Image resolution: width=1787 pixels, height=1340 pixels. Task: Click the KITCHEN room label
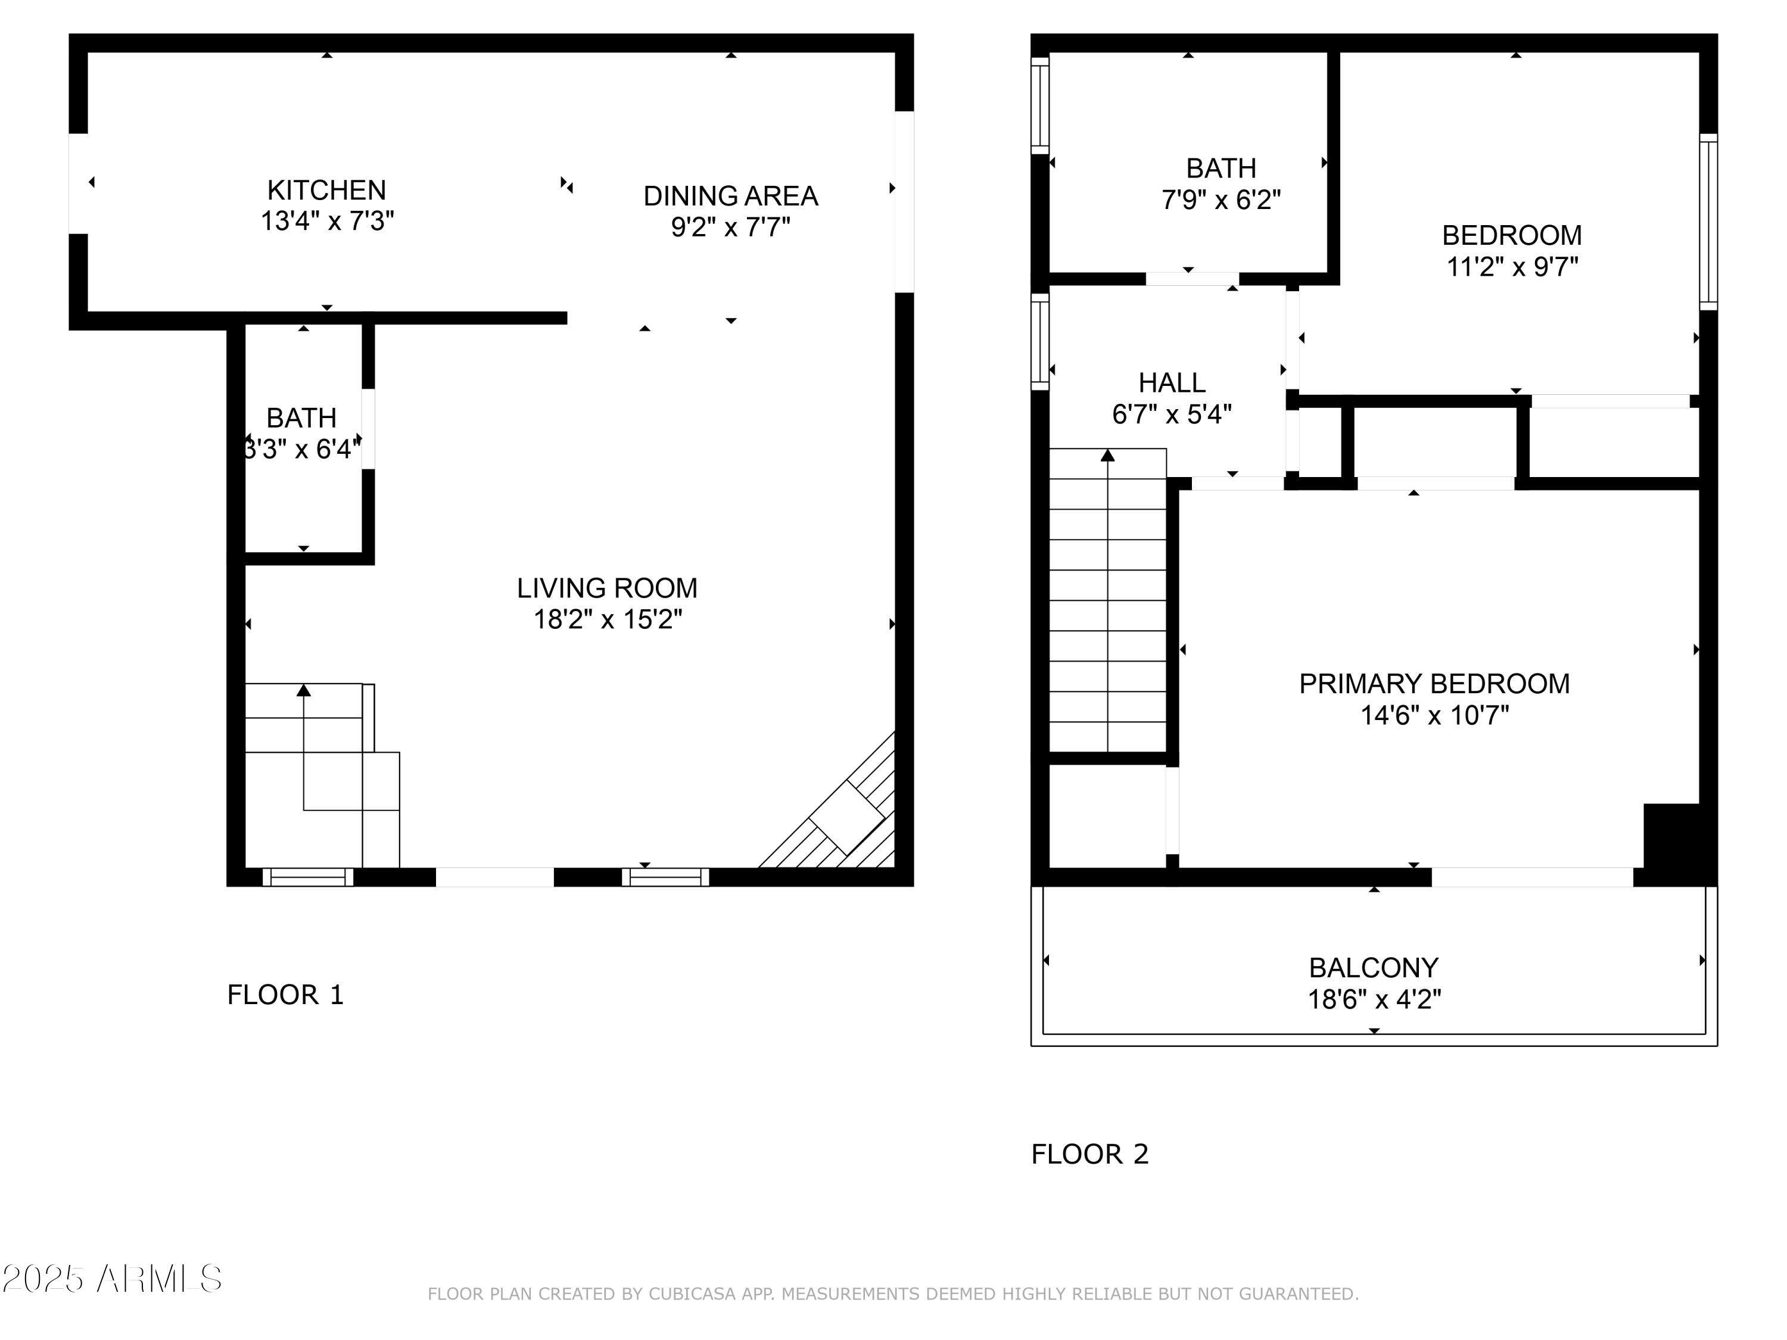pyautogui.click(x=326, y=191)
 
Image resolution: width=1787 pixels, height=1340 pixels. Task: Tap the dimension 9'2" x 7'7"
pyautogui.click(x=730, y=228)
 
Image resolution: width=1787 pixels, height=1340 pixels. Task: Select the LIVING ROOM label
pyautogui.click(x=607, y=588)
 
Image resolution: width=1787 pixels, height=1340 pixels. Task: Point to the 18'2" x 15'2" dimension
pyautogui.click(x=608, y=619)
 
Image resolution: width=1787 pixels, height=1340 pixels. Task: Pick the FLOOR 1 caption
pyautogui.click(x=285, y=995)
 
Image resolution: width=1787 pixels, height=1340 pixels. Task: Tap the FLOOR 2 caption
pyautogui.click(x=1089, y=1154)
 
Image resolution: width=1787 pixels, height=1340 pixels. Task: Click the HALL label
pyautogui.click(x=1172, y=383)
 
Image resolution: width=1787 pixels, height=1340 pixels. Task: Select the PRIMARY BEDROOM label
pyautogui.click(x=1434, y=684)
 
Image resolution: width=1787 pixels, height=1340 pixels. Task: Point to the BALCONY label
pyautogui.click(x=1374, y=968)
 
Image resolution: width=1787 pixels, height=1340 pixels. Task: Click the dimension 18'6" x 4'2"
pyautogui.click(x=1374, y=1000)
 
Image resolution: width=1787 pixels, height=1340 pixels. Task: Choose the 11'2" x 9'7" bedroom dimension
pyautogui.click(x=1512, y=267)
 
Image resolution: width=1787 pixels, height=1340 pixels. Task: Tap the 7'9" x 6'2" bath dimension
pyautogui.click(x=1221, y=200)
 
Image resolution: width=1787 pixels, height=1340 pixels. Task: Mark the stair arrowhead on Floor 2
pyautogui.click(x=1107, y=456)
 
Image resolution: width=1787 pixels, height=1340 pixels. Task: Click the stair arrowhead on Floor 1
pyautogui.click(x=304, y=690)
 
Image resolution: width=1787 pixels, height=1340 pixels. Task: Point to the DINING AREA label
pyautogui.click(x=730, y=197)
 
